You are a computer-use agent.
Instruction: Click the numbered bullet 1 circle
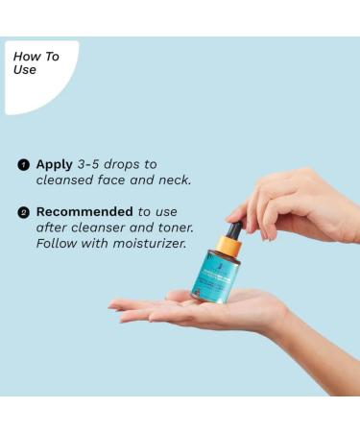[x=23, y=165]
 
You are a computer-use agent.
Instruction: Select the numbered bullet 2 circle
[x=23, y=212]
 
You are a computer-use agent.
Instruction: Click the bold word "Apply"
[x=55, y=164]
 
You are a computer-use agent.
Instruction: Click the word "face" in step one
[x=127, y=180]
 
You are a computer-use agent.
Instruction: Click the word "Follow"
[x=57, y=243]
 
